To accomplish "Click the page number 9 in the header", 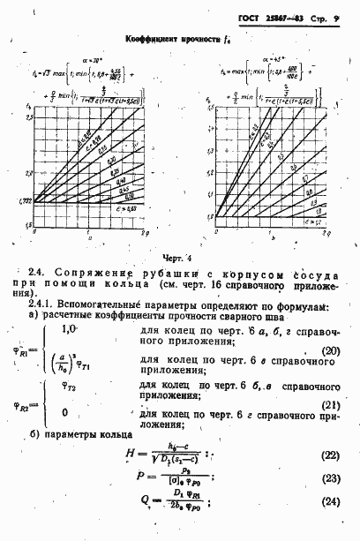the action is [338, 17].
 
